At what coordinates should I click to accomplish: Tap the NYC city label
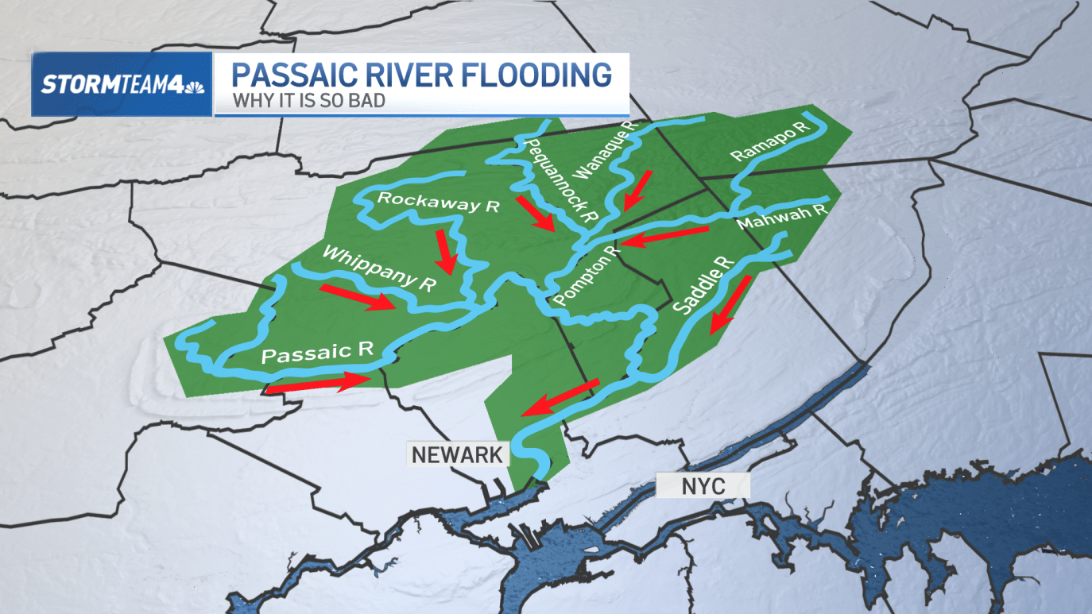pyautogui.click(x=703, y=485)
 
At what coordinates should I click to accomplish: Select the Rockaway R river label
pyautogui.click(x=438, y=203)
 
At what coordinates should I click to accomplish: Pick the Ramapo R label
pyautogui.click(x=769, y=141)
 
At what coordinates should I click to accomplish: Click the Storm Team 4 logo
pyautogui.click(x=122, y=84)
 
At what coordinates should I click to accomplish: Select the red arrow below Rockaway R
pyautogui.click(x=445, y=252)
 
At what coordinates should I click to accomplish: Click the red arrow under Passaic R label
pyautogui.click(x=318, y=384)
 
